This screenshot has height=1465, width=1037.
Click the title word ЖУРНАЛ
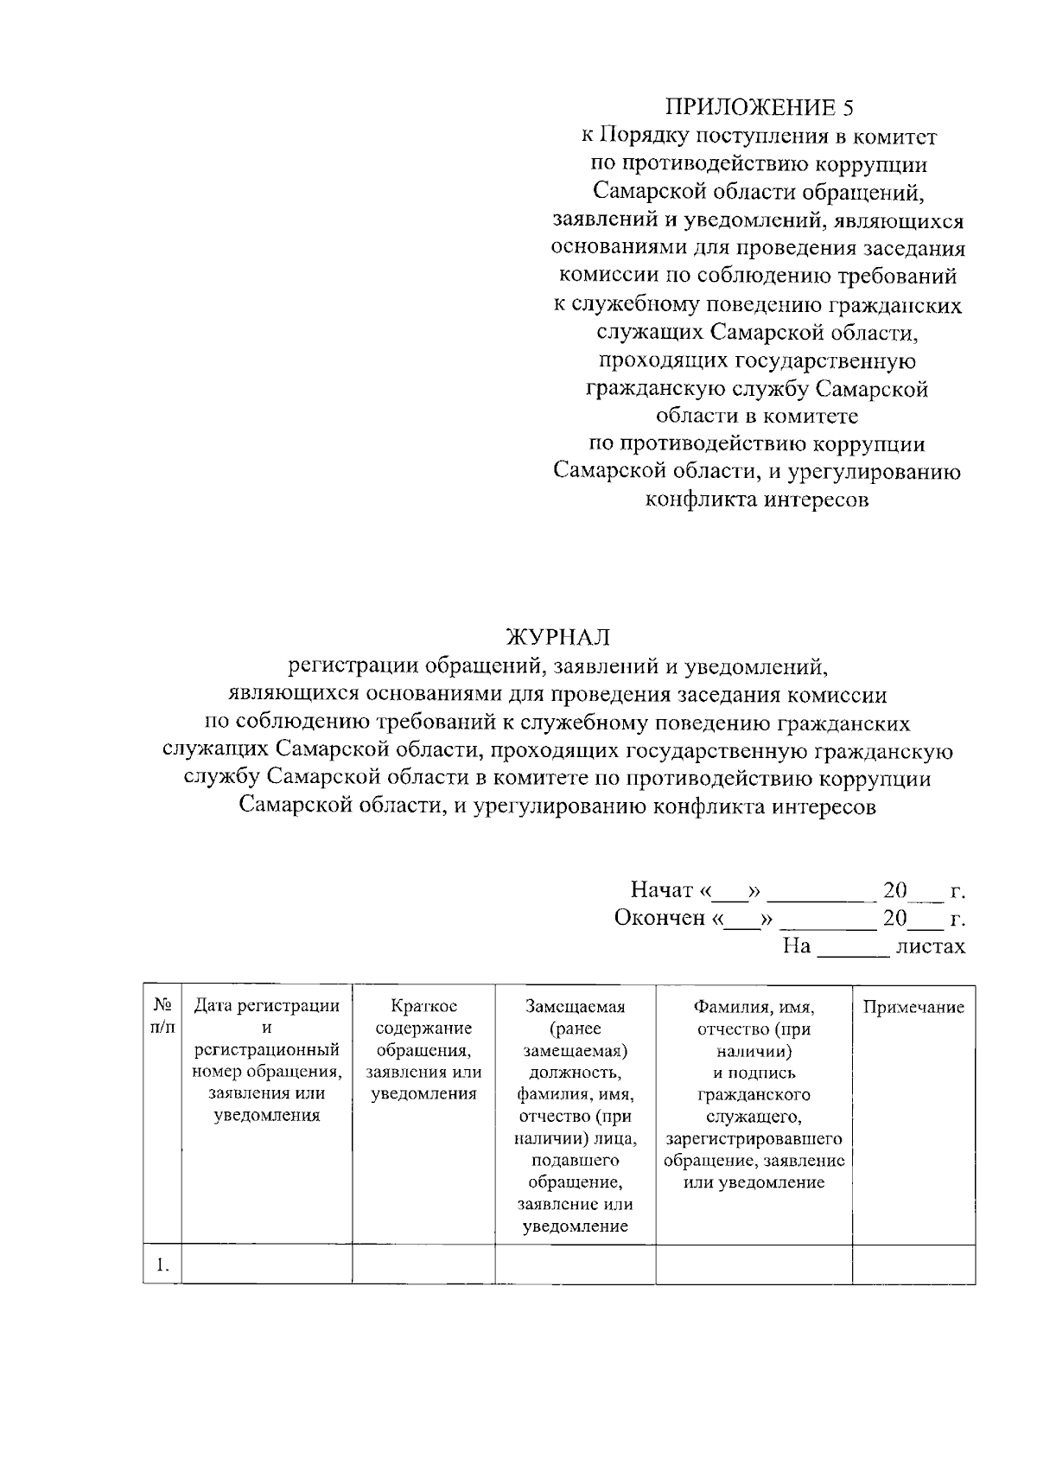pos(557,638)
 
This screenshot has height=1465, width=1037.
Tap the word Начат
pos(662,889)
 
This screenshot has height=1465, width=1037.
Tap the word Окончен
pos(659,917)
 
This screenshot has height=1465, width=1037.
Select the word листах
pos(930,946)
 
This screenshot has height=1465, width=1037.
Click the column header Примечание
pos(913,1007)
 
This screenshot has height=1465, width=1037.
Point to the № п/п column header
pos(162,1016)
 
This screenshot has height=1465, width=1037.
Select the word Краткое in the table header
pos(423,1006)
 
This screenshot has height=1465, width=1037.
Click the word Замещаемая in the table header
pos(575,1006)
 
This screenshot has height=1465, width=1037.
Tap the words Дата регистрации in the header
pos(266,1006)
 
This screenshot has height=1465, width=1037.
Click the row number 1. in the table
pos(162,1264)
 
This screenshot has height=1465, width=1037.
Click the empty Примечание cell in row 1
pos(913,1264)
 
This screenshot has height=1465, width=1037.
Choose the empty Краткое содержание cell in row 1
pos(423,1264)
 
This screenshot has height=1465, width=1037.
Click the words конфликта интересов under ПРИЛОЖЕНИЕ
pos(758,500)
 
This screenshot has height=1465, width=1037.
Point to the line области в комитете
pos(757,416)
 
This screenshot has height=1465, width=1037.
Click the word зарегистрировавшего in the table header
pos(754,1138)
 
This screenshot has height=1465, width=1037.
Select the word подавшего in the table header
pos(575,1160)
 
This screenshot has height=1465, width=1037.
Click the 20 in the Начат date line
pos(894,889)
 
